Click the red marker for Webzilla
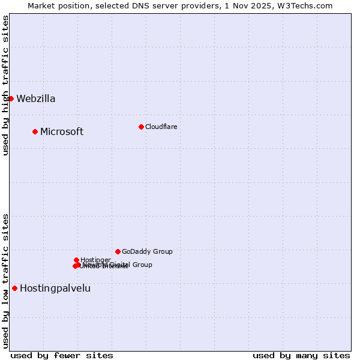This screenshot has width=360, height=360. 11,98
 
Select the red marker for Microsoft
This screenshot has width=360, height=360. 35,131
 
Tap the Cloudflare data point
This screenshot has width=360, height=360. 141,127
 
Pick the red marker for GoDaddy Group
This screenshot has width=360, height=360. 118,251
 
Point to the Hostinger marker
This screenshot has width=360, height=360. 76,260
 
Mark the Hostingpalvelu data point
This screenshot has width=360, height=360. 14,288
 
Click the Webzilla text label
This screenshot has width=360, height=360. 36,99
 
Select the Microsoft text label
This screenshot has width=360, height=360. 62,132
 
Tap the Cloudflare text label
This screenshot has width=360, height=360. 161,127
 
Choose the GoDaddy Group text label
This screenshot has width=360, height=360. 147,252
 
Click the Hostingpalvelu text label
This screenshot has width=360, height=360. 55,289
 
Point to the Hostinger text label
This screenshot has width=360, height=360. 95,260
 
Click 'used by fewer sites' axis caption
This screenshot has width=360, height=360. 62,355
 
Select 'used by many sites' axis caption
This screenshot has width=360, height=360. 301,355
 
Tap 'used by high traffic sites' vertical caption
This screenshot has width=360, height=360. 6,85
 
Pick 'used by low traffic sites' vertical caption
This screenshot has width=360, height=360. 6,281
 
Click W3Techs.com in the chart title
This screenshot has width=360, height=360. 307,5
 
